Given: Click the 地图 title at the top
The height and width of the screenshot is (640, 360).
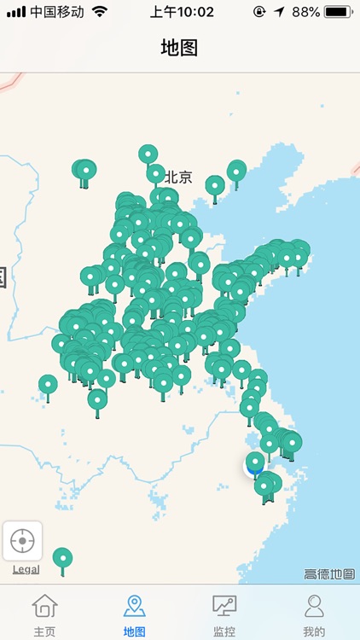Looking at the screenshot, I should (179, 48).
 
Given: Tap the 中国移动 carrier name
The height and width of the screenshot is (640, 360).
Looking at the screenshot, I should (57, 12).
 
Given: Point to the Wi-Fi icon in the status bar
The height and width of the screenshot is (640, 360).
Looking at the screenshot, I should (101, 12).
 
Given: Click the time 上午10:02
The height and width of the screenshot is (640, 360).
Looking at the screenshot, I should (182, 12).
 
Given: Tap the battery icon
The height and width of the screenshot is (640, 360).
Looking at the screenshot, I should (339, 12).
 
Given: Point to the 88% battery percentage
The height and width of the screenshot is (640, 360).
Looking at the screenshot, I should (305, 12).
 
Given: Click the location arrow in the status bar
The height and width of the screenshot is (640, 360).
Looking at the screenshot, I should (280, 12).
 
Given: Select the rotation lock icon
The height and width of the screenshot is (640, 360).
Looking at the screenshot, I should (259, 12).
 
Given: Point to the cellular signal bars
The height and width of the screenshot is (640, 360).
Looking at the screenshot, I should (16, 12).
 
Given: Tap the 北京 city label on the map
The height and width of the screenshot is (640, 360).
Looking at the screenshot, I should (178, 177).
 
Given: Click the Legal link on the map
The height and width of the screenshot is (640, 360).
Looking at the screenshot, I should (26, 569).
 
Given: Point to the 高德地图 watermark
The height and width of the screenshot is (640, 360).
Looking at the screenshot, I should (329, 574).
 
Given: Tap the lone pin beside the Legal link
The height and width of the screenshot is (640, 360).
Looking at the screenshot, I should (62, 558).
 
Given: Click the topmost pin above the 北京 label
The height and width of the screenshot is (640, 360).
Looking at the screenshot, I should (148, 154).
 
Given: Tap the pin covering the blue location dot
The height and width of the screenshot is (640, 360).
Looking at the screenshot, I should (255, 463).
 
